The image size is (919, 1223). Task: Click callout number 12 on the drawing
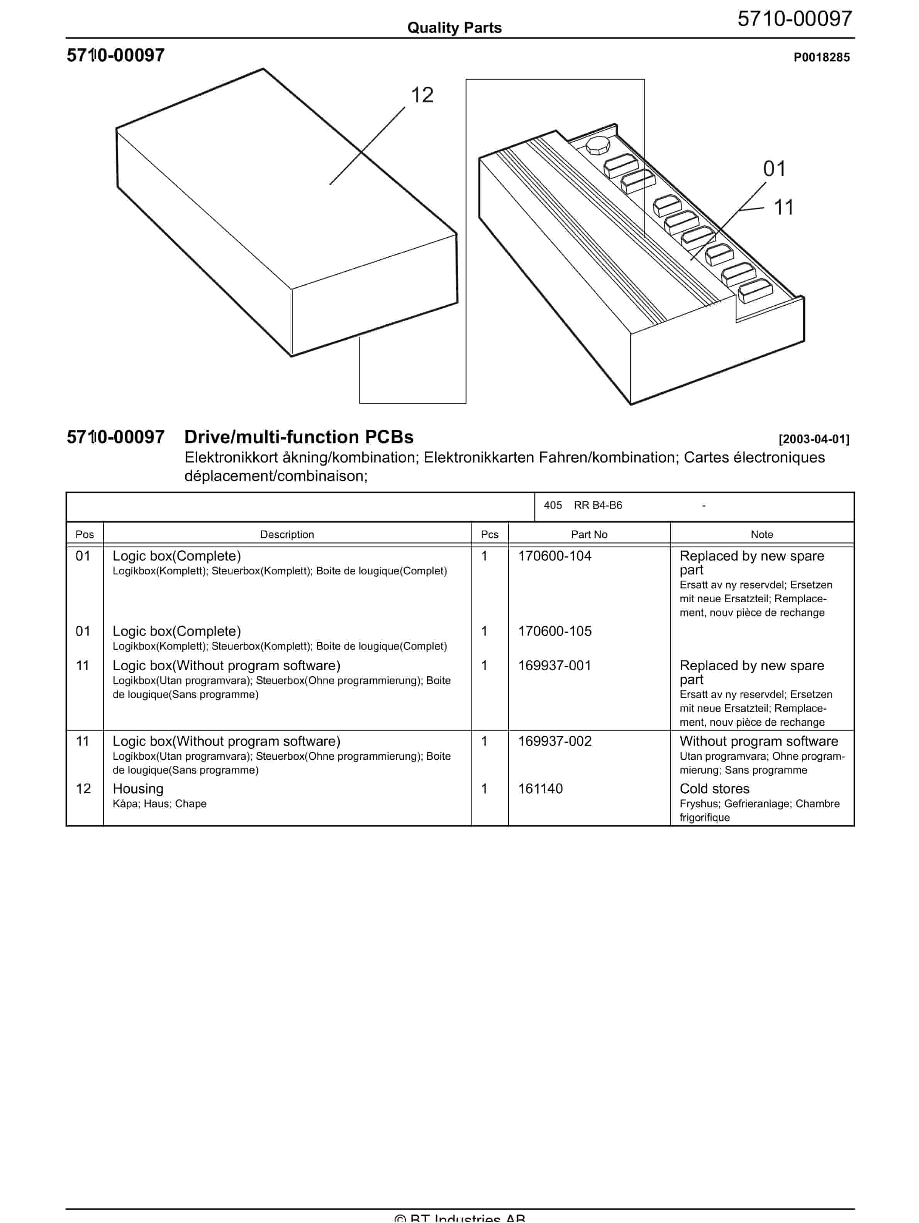pos(422,95)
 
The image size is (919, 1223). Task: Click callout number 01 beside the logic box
pos(774,169)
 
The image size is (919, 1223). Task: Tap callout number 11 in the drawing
pos(783,208)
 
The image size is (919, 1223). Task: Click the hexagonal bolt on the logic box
pos(597,147)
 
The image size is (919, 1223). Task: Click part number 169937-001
pos(554,665)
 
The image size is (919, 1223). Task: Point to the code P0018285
pos(821,57)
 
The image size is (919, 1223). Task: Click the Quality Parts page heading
pos(454,28)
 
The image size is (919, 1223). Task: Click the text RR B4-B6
pos(598,505)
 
